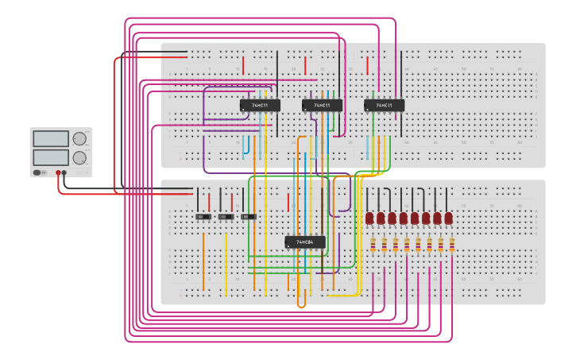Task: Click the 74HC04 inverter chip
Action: (305, 242)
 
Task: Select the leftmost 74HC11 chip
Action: (260, 105)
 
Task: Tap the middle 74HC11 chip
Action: (322, 105)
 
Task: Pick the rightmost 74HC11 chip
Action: (385, 105)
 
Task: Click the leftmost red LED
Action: (369, 218)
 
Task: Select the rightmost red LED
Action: (449, 218)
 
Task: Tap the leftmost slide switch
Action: (203, 216)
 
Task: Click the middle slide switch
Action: (226, 216)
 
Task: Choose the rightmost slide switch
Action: (248, 216)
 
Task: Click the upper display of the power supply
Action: (51, 138)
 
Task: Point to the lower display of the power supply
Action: (51, 157)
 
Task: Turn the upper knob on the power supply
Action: (79, 138)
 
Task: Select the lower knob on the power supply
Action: (79, 157)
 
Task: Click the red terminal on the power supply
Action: (58, 172)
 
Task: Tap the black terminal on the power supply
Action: (64, 172)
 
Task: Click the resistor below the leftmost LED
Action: (373, 245)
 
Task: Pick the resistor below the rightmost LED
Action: (452, 245)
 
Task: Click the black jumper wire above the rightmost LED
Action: (447, 199)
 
